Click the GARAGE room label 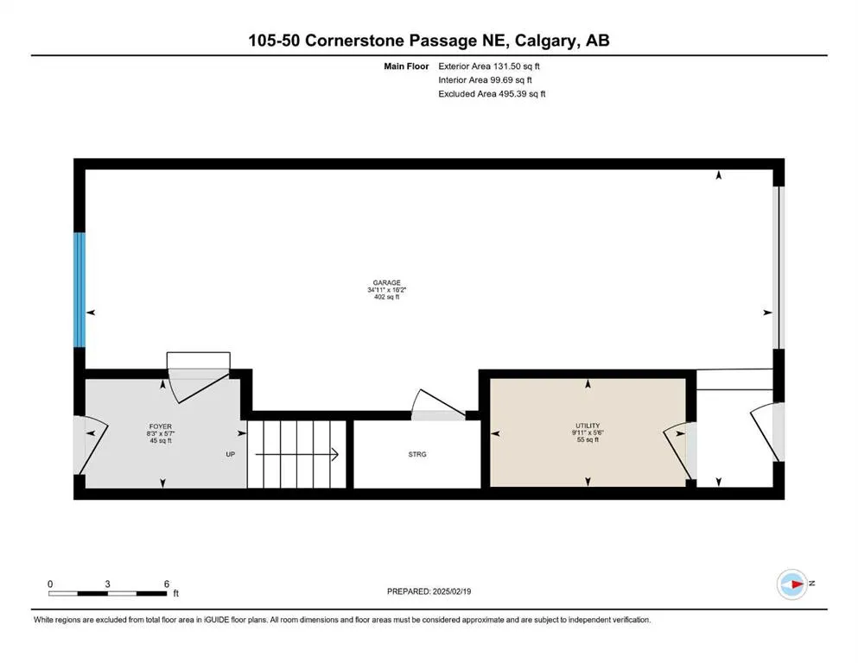pyautogui.click(x=385, y=282)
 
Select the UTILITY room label pyautogui.click(x=588, y=426)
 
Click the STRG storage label pyautogui.click(x=418, y=454)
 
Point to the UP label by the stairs pyautogui.click(x=231, y=454)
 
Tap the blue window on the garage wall pyautogui.click(x=79, y=289)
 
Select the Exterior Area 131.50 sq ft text pyautogui.click(x=492, y=66)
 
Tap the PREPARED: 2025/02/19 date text pyautogui.click(x=429, y=591)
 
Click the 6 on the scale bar pyautogui.click(x=166, y=584)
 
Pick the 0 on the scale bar pyautogui.click(x=51, y=584)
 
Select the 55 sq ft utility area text pyautogui.click(x=588, y=440)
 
